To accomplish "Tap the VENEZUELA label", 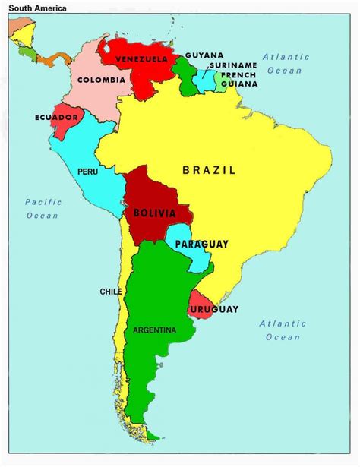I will pos(141,59).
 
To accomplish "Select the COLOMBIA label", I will pos(101,80).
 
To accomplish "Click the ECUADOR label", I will pos(56,118).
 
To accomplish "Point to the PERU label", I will pos(87,172).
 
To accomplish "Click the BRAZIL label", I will pos(209,170).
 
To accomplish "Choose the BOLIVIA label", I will pos(155,213).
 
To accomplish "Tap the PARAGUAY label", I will pos(201,244).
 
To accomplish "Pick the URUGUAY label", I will pos(214,309).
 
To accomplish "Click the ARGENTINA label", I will pos(154,330).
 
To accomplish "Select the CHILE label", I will pos(111,292).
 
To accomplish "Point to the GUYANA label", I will pos(204,55).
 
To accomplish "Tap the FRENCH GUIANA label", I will pos(238,80).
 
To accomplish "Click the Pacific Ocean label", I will pos(42,209).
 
